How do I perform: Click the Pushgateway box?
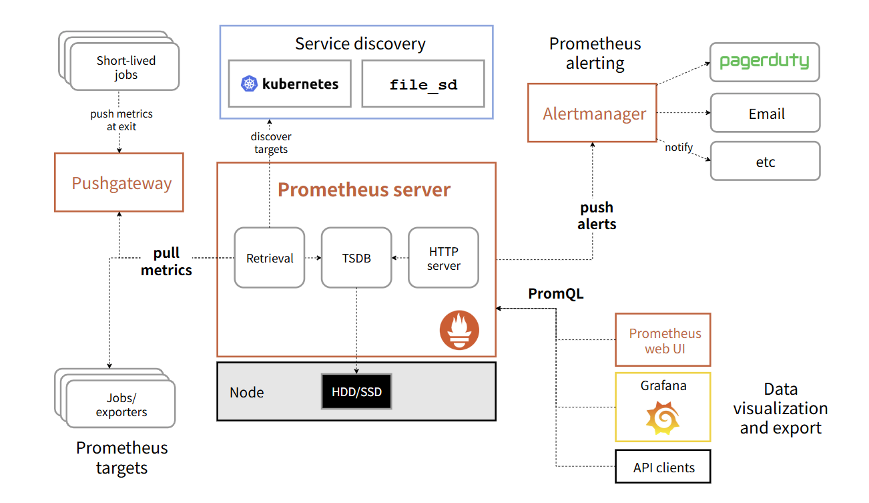pyautogui.click(x=119, y=182)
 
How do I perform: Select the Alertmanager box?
pyautogui.click(x=593, y=113)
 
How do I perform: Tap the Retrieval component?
pyautogui.click(x=270, y=258)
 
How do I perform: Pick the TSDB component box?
pyautogui.click(x=356, y=258)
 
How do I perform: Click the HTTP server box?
pyautogui.click(x=443, y=258)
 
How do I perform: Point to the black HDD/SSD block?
pyautogui.click(x=356, y=391)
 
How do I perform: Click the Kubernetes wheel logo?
pyautogui.click(x=249, y=83)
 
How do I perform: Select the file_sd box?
pyautogui.click(x=423, y=83)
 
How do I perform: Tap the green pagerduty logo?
pyautogui.click(x=764, y=61)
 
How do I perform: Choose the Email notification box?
pyautogui.click(x=766, y=113)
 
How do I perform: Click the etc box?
pyautogui.click(x=766, y=161)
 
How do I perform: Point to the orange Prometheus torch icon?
pyautogui.click(x=459, y=330)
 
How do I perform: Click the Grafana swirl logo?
pyautogui.click(x=663, y=418)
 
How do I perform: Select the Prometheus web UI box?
pyautogui.click(x=663, y=340)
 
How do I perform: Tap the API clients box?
pyautogui.click(x=663, y=466)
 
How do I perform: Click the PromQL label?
pyautogui.click(x=555, y=294)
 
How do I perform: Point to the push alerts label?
pyautogui.click(x=597, y=216)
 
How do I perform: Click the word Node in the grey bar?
pyautogui.click(x=247, y=392)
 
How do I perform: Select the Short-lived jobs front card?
pyautogui.click(x=125, y=67)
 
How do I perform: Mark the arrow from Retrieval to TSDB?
pyautogui.click(x=313, y=258)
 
